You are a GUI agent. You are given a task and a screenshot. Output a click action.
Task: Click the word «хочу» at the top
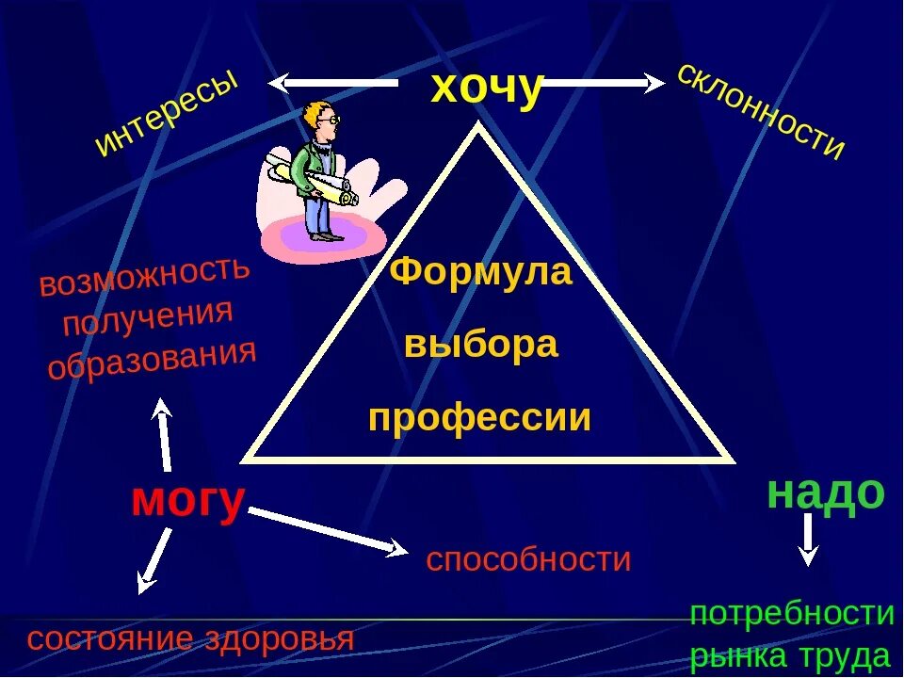pyautogui.click(x=487, y=89)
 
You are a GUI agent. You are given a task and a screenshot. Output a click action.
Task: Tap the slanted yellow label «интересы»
pyautogui.click(x=168, y=115)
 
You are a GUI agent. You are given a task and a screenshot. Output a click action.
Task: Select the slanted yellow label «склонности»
pyautogui.click(x=761, y=110)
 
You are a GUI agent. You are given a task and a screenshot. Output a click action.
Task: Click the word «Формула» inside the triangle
pyautogui.click(x=480, y=272)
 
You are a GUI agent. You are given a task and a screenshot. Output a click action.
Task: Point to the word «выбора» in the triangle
pyautogui.click(x=481, y=345)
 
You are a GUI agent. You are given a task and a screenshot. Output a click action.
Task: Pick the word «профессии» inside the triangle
pyautogui.click(x=480, y=417)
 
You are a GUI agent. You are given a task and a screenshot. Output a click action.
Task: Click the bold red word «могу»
pyautogui.click(x=188, y=500)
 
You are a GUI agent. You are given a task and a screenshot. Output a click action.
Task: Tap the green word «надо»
pyautogui.click(x=826, y=492)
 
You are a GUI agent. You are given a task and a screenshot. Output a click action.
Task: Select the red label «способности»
pyautogui.click(x=528, y=559)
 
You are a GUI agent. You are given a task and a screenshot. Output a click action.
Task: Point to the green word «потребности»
pyautogui.click(x=792, y=614)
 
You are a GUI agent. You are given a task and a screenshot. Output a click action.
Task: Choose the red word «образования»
pyautogui.click(x=153, y=359)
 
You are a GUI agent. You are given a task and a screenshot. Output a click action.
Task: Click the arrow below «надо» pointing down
pyautogui.click(x=807, y=541)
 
